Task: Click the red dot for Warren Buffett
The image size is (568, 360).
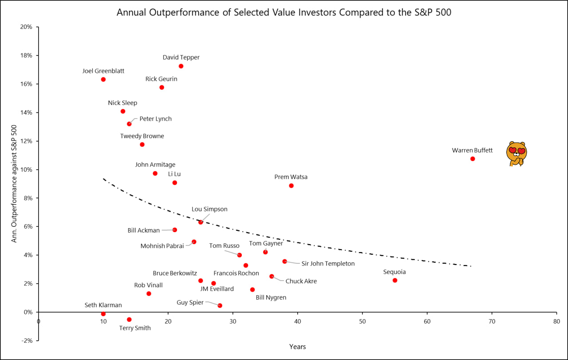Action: pos(473,158)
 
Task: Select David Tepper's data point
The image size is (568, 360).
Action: pos(181,66)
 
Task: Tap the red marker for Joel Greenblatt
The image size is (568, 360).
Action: pos(103,79)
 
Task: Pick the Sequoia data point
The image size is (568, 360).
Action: pos(395,280)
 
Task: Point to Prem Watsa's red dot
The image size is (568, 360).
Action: pos(291,186)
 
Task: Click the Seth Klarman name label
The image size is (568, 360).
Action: pos(103,305)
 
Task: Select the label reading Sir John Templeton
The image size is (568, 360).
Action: pos(328,264)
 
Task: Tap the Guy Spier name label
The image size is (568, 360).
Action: pos(190,302)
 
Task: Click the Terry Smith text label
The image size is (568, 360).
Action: pos(135,328)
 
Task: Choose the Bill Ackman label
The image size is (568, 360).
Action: pos(143,230)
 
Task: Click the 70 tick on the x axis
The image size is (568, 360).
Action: pos(492,321)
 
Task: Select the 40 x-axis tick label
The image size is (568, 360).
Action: pos(297,321)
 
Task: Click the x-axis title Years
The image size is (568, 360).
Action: pos(297,347)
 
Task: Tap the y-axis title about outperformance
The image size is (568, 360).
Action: pos(15,183)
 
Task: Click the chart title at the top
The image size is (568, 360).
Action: pos(284,12)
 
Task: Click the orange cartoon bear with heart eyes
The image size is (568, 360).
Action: pos(516,154)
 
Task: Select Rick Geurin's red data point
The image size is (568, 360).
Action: pos(162,87)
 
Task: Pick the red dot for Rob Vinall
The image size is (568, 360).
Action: pos(149,293)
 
